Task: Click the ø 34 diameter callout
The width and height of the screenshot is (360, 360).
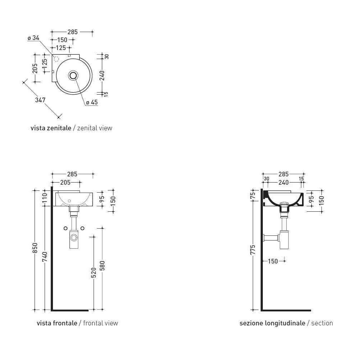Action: (x=33, y=38)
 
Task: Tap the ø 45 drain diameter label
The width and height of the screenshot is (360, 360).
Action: (x=92, y=102)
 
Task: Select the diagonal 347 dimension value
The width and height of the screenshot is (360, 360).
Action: (x=40, y=100)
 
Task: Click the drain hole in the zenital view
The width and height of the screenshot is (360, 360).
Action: (x=73, y=75)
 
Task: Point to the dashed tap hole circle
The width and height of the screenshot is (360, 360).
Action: (x=56, y=59)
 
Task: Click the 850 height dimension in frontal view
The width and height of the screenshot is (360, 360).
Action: (x=35, y=248)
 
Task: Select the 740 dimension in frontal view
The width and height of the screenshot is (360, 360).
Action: (x=45, y=257)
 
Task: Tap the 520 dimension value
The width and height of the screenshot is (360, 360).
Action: (x=94, y=273)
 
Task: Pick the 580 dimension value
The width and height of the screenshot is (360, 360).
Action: (x=102, y=266)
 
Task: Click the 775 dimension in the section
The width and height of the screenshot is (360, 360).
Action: (x=253, y=249)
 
